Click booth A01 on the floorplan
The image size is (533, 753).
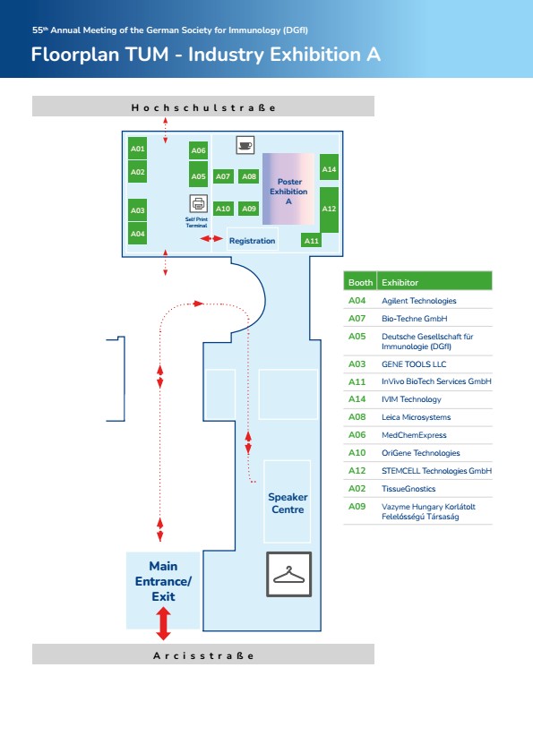[137, 149]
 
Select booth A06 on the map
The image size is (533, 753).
[198, 150]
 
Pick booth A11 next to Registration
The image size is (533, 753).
[312, 240]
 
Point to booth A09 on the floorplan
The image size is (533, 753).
[249, 209]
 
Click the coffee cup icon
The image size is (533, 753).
[245, 144]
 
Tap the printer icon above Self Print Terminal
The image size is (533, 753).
[199, 203]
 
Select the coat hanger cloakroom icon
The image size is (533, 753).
[288, 574]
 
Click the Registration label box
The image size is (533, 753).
[252, 240]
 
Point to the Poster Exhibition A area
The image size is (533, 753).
[288, 189]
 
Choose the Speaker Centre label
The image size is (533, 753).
[288, 503]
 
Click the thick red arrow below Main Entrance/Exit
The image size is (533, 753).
[163, 623]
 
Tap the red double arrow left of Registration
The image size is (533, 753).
[211, 238]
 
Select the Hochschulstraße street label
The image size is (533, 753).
[203, 107]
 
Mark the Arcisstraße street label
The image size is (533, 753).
[203, 655]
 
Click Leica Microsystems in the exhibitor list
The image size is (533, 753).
[417, 417]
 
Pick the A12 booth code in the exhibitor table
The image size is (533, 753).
[357, 471]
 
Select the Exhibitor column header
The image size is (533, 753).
[400, 282]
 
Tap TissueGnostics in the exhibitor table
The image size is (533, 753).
[408, 488]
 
